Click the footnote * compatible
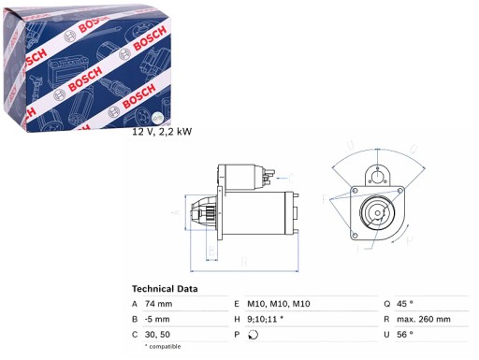point(165,347)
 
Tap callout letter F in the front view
point(325,199)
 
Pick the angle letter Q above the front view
point(348,147)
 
